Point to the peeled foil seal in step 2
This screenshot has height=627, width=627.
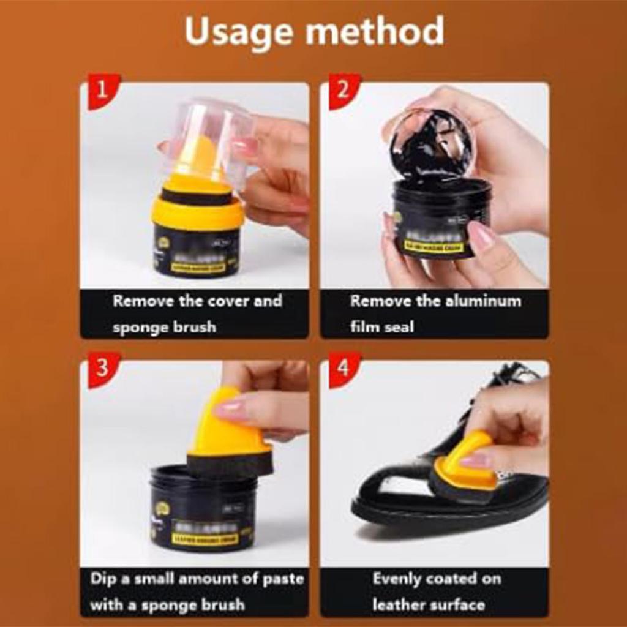pyautogui.click(x=432, y=144)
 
